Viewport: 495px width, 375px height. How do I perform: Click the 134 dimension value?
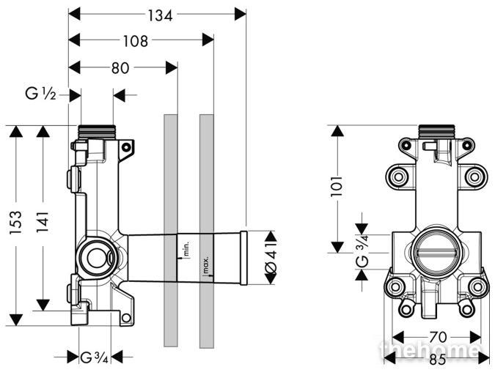(161, 16)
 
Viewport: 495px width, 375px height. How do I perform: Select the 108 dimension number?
(135, 41)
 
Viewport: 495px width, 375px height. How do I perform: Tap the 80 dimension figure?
(120, 68)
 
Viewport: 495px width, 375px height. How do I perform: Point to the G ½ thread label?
(41, 94)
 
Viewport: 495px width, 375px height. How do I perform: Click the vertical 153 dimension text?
(16, 223)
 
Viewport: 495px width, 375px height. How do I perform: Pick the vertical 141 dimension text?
(43, 222)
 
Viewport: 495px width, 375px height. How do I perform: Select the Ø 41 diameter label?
(271, 258)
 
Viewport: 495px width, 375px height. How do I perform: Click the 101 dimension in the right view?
(337, 187)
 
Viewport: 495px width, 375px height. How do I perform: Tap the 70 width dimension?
(438, 337)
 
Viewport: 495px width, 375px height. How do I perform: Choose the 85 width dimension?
(437, 360)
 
